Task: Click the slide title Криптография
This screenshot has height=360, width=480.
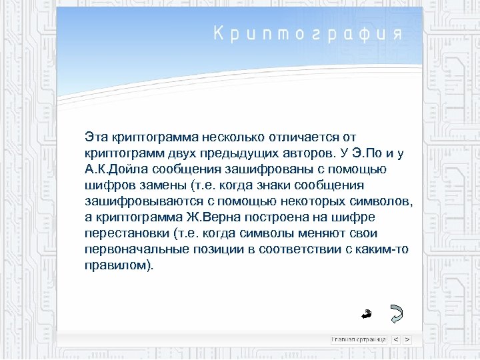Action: click(308, 35)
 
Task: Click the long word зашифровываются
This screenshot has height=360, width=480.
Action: click(134, 201)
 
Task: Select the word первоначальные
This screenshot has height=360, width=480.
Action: click(131, 249)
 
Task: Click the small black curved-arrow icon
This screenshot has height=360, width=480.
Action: click(366, 312)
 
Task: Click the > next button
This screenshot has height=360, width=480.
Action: click(407, 339)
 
